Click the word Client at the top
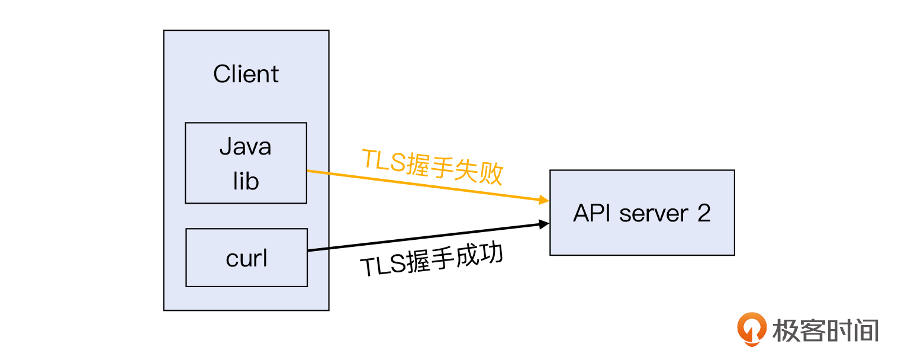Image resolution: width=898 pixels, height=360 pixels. tap(246, 75)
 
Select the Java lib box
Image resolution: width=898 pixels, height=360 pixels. tap(246, 163)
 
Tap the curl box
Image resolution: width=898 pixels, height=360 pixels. tap(246, 258)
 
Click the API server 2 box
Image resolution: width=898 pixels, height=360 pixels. tap(642, 213)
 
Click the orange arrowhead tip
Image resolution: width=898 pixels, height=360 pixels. tap(548, 201)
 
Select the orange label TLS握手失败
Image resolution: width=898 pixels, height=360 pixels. tap(432, 166)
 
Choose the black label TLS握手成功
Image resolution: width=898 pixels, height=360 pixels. tap(432, 260)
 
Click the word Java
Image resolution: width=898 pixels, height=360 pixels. tap(245, 146)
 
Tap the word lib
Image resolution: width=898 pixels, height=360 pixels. tap(245, 181)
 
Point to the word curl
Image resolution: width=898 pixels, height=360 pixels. tap(246, 258)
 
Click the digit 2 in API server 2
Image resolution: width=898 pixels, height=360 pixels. tap(703, 213)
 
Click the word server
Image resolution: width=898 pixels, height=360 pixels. tap(655, 213)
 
